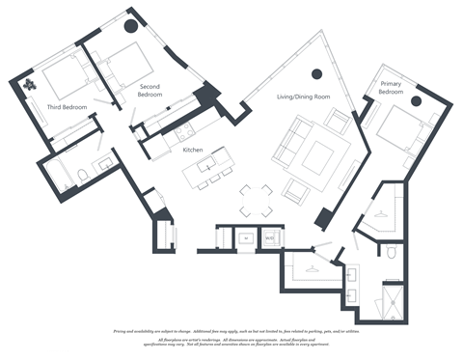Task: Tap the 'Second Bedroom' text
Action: point(150,91)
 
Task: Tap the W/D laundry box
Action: point(270,235)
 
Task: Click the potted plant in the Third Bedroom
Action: point(29,85)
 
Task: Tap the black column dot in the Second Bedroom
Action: point(131,27)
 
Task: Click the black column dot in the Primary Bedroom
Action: point(416,100)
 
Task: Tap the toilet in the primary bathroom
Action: point(392,253)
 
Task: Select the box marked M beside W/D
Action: point(246,235)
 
